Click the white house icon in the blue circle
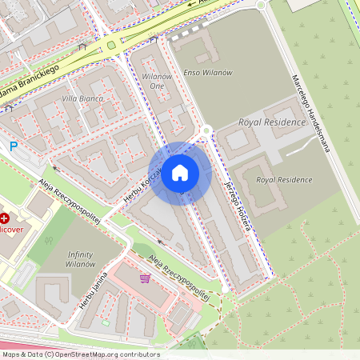coord(180,173)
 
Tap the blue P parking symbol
coord(13,146)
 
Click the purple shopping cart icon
coord(145,278)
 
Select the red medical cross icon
coord(4,218)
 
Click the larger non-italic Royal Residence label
coord(272,122)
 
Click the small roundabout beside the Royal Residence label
coord(206,130)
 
